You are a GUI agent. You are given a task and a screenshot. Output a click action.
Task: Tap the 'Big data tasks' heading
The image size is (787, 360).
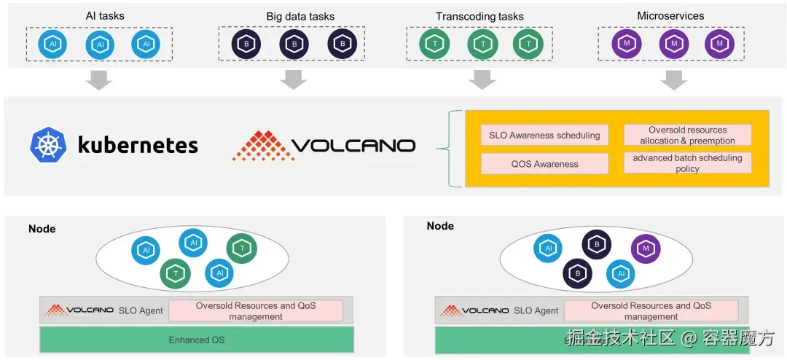click(x=300, y=17)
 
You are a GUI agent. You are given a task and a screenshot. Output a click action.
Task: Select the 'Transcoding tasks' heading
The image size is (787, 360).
click(x=479, y=17)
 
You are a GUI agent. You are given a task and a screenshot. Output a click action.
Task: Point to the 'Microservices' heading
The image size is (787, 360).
click(x=670, y=16)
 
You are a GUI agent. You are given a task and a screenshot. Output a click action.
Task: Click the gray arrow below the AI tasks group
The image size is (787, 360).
click(x=98, y=80)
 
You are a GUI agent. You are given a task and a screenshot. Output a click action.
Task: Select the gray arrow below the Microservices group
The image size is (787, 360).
click(x=674, y=80)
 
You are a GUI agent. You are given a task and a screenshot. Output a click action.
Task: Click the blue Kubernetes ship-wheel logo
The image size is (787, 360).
click(x=49, y=144)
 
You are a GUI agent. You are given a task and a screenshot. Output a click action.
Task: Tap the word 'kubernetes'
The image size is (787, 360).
click(x=138, y=145)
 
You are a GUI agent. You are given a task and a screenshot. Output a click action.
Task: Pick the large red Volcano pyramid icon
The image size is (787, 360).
click(x=260, y=145)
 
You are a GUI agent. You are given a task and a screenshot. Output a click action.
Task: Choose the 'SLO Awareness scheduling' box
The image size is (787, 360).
click(x=544, y=135)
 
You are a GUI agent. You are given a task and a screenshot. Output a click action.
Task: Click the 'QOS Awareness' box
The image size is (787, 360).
click(x=544, y=164)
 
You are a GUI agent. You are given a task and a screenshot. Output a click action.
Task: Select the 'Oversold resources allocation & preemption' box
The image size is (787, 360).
click(x=687, y=135)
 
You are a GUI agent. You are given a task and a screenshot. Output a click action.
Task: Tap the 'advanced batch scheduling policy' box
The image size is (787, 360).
click(x=687, y=163)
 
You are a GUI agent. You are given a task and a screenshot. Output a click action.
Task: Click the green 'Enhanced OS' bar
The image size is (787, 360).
click(x=197, y=340)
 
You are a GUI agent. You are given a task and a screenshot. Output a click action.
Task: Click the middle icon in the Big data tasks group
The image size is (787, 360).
click(x=294, y=44)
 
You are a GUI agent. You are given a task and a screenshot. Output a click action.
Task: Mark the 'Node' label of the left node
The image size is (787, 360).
click(x=42, y=229)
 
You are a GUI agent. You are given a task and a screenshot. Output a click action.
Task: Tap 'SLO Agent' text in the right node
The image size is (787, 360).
click(x=536, y=310)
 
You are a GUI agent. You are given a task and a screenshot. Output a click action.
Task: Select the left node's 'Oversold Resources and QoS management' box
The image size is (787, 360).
click(x=255, y=310)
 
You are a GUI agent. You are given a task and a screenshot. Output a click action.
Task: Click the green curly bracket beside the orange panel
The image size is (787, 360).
click(x=453, y=149)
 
